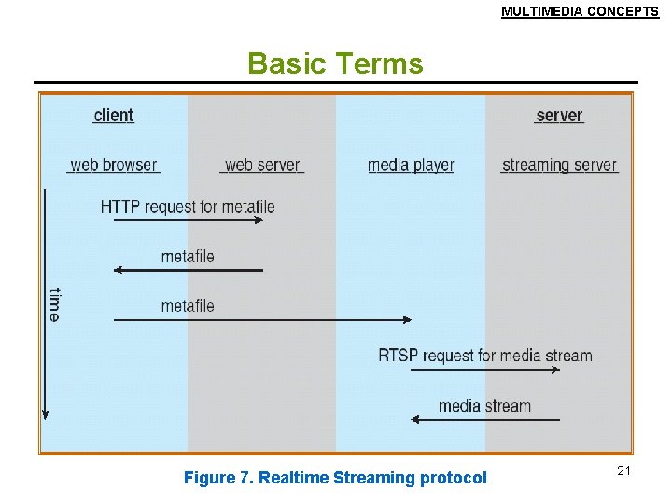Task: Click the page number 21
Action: pyautogui.click(x=623, y=470)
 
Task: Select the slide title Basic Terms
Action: pyautogui.click(x=335, y=63)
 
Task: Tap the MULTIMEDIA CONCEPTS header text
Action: pyautogui.click(x=580, y=12)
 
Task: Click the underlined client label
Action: pyautogui.click(x=114, y=116)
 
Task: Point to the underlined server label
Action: pyautogui.click(x=559, y=116)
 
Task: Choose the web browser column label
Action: pyautogui.click(x=114, y=165)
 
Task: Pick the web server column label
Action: pyautogui.click(x=262, y=165)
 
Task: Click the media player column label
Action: pyautogui.click(x=411, y=165)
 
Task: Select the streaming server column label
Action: pyautogui.click(x=560, y=165)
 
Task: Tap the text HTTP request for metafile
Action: pyautogui.click(x=188, y=206)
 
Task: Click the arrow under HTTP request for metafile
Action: pyautogui.click(x=188, y=221)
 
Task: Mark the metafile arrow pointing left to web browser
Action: pyautogui.click(x=188, y=271)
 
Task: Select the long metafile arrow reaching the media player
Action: pyautogui.click(x=262, y=320)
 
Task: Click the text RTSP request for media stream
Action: pyautogui.click(x=485, y=356)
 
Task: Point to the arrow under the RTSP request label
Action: pyautogui.click(x=485, y=371)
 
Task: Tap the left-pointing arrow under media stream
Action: pyautogui.click(x=485, y=420)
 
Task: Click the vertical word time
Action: pyautogui.click(x=54, y=304)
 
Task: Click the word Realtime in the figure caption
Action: pyautogui.click(x=290, y=478)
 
